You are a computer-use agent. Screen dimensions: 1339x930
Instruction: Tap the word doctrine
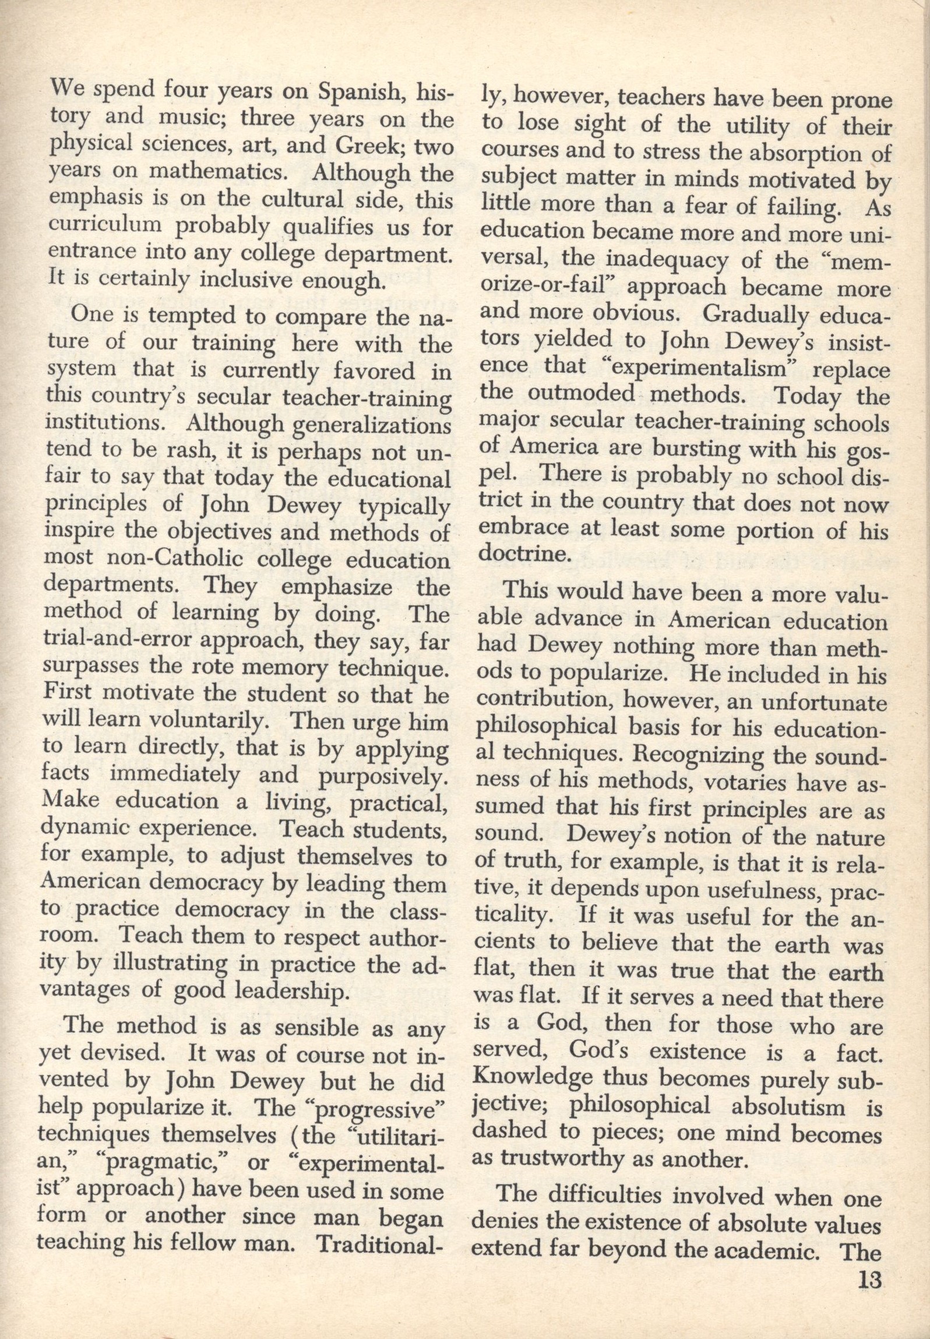click(521, 554)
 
